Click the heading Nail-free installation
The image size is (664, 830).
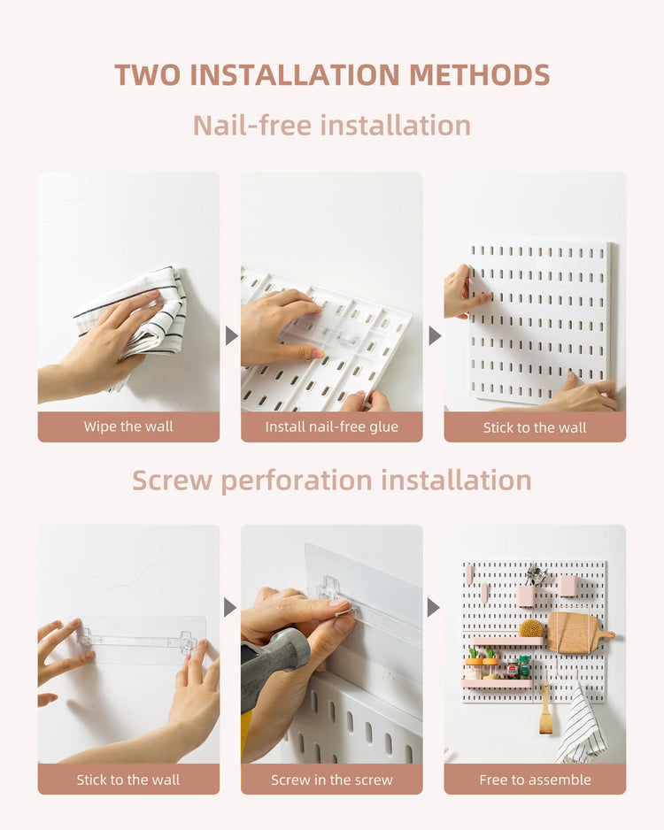tap(332, 125)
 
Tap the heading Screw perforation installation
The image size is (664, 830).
tap(332, 480)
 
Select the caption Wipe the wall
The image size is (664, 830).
tap(128, 427)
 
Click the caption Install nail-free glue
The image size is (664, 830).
tap(332, 427)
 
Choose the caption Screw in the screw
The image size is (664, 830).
tap(332, 780)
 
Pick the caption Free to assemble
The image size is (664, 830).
tap(535, 780)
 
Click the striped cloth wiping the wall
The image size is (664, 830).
tap(142, 314)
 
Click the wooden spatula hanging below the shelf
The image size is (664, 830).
tap(546, 712)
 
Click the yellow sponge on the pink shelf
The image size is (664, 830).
tap(531, 628)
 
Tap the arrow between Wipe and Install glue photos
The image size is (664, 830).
tap(231, 335)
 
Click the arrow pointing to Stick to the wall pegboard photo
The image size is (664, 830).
tap(435, 335)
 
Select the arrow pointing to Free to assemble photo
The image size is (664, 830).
tap(435, 607)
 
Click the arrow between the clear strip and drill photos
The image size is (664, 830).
tap(231, 607)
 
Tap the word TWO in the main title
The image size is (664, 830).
tap(147, 74)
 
